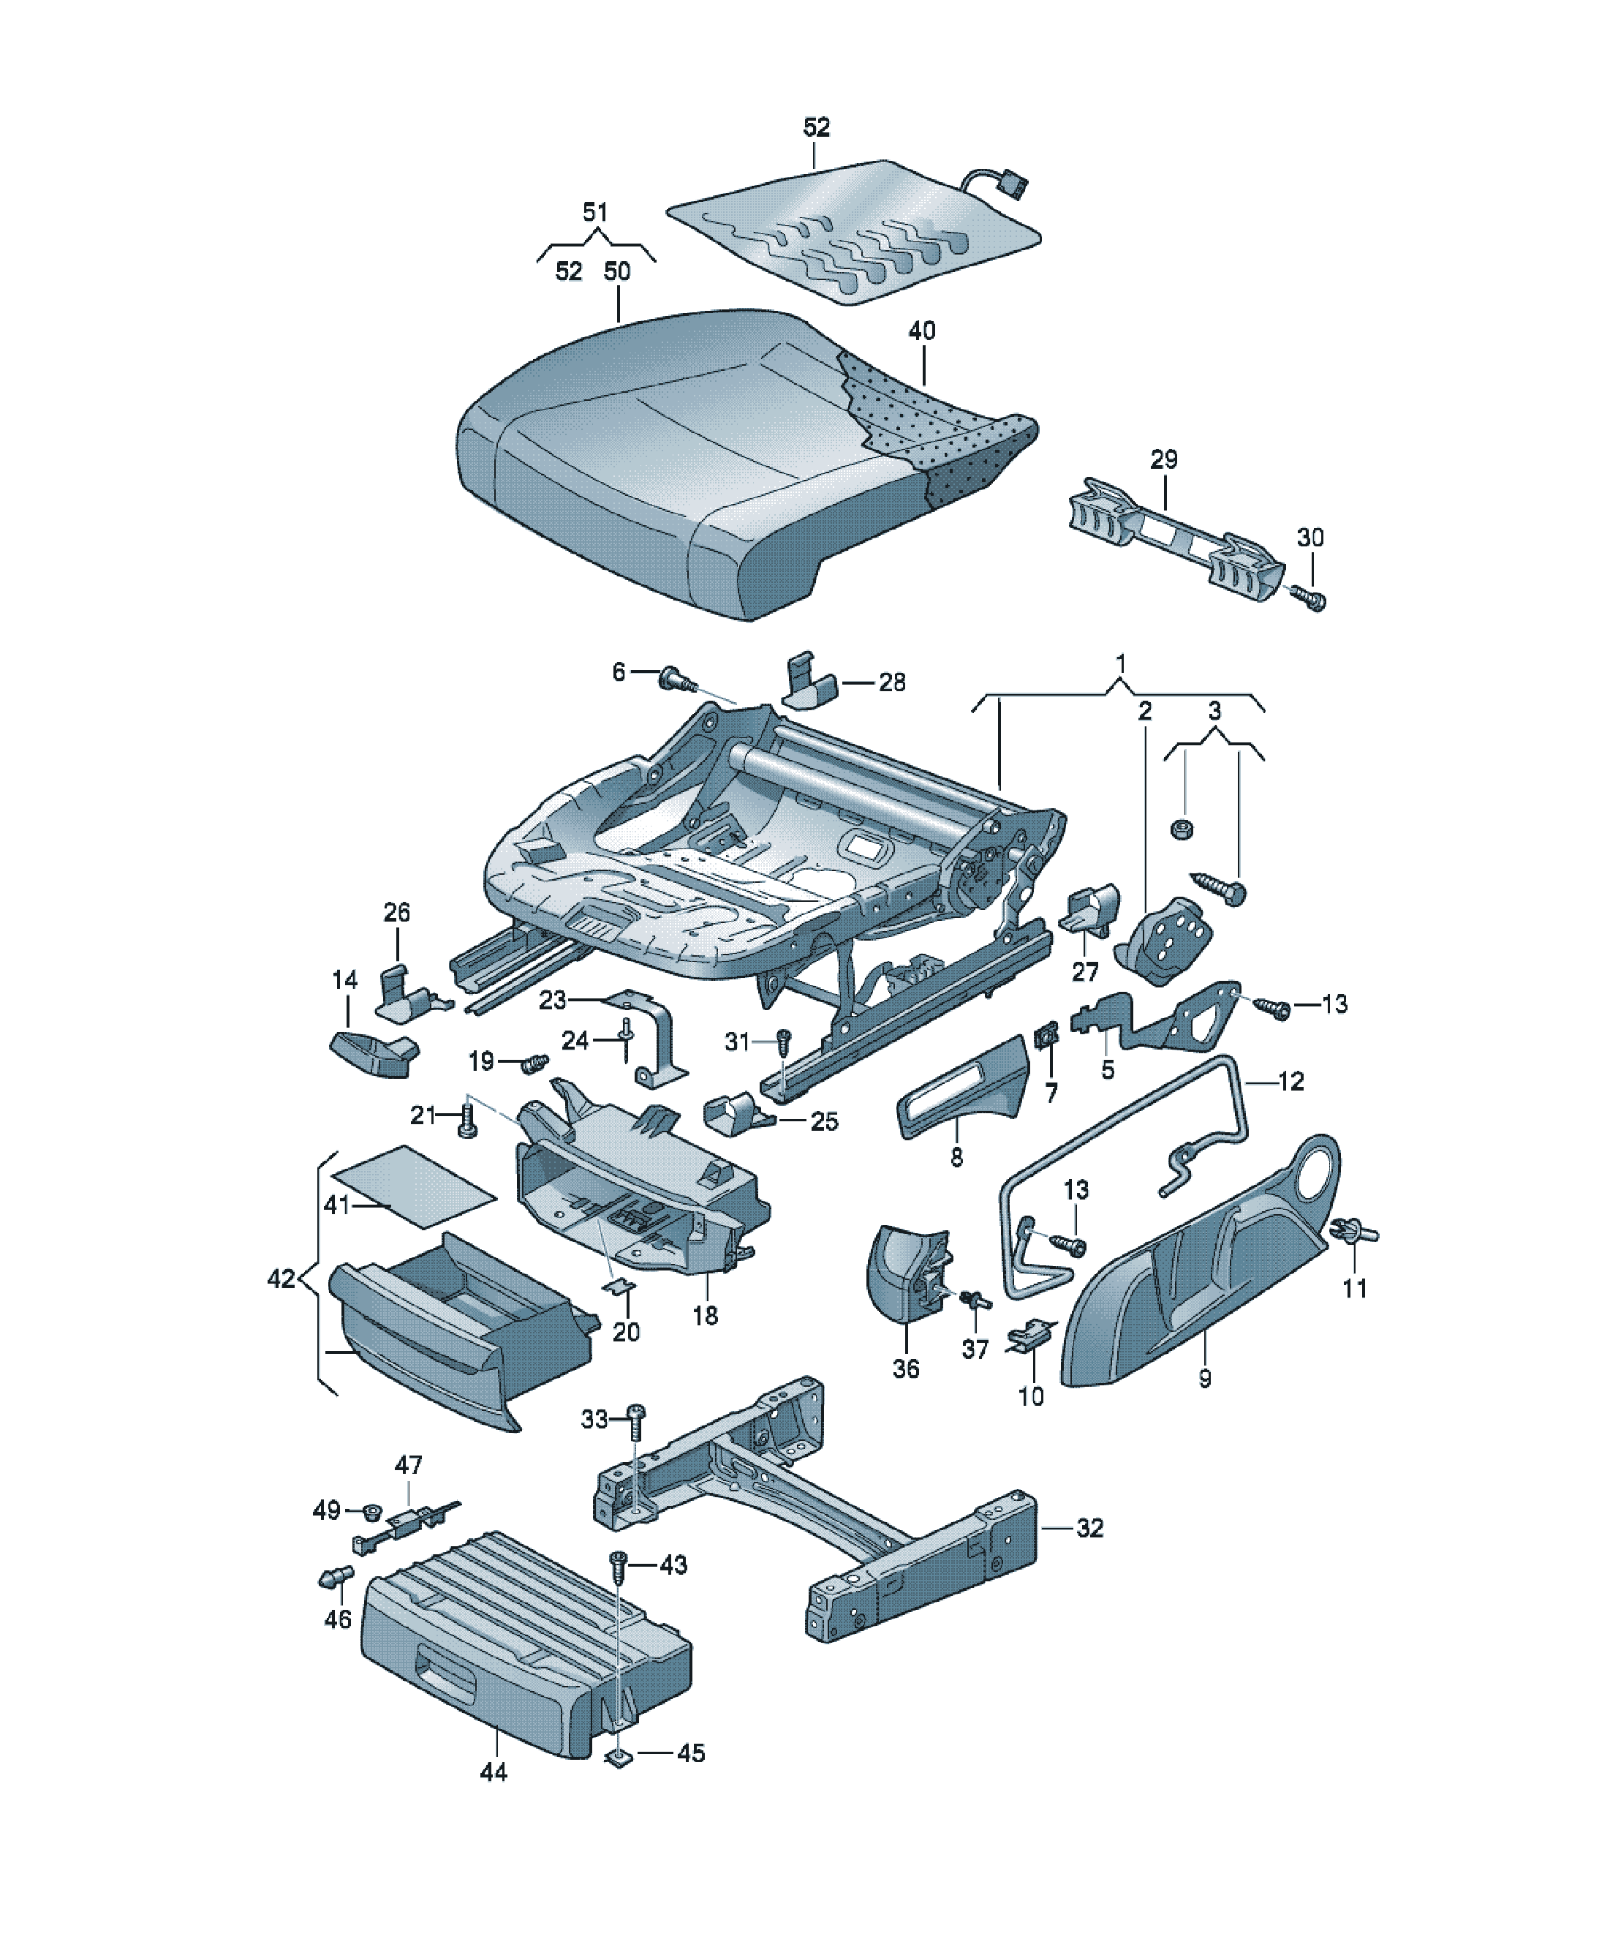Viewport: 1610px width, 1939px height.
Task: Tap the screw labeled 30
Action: (x=1309, y=598)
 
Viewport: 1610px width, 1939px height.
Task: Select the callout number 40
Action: (x=921, y=331)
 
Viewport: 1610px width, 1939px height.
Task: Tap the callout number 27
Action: (x=1085, y=971)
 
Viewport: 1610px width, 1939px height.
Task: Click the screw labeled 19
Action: (x=534, y=1063)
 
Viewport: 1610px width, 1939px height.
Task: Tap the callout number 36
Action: (x=906, y=1368)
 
